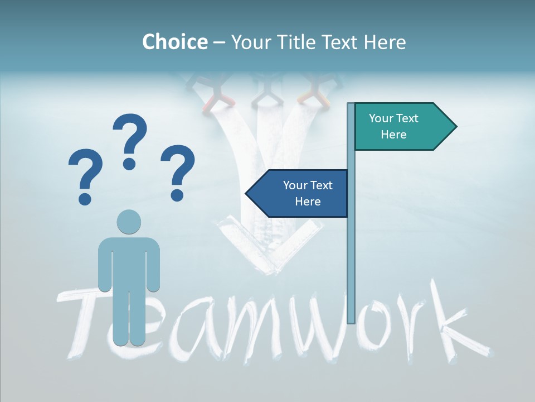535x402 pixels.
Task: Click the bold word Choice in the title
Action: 174,42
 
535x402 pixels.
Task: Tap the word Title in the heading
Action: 303,42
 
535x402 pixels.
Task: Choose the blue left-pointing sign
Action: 301,193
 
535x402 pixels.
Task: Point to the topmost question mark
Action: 130,140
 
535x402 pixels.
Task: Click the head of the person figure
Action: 129,222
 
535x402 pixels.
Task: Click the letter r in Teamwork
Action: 404,329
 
